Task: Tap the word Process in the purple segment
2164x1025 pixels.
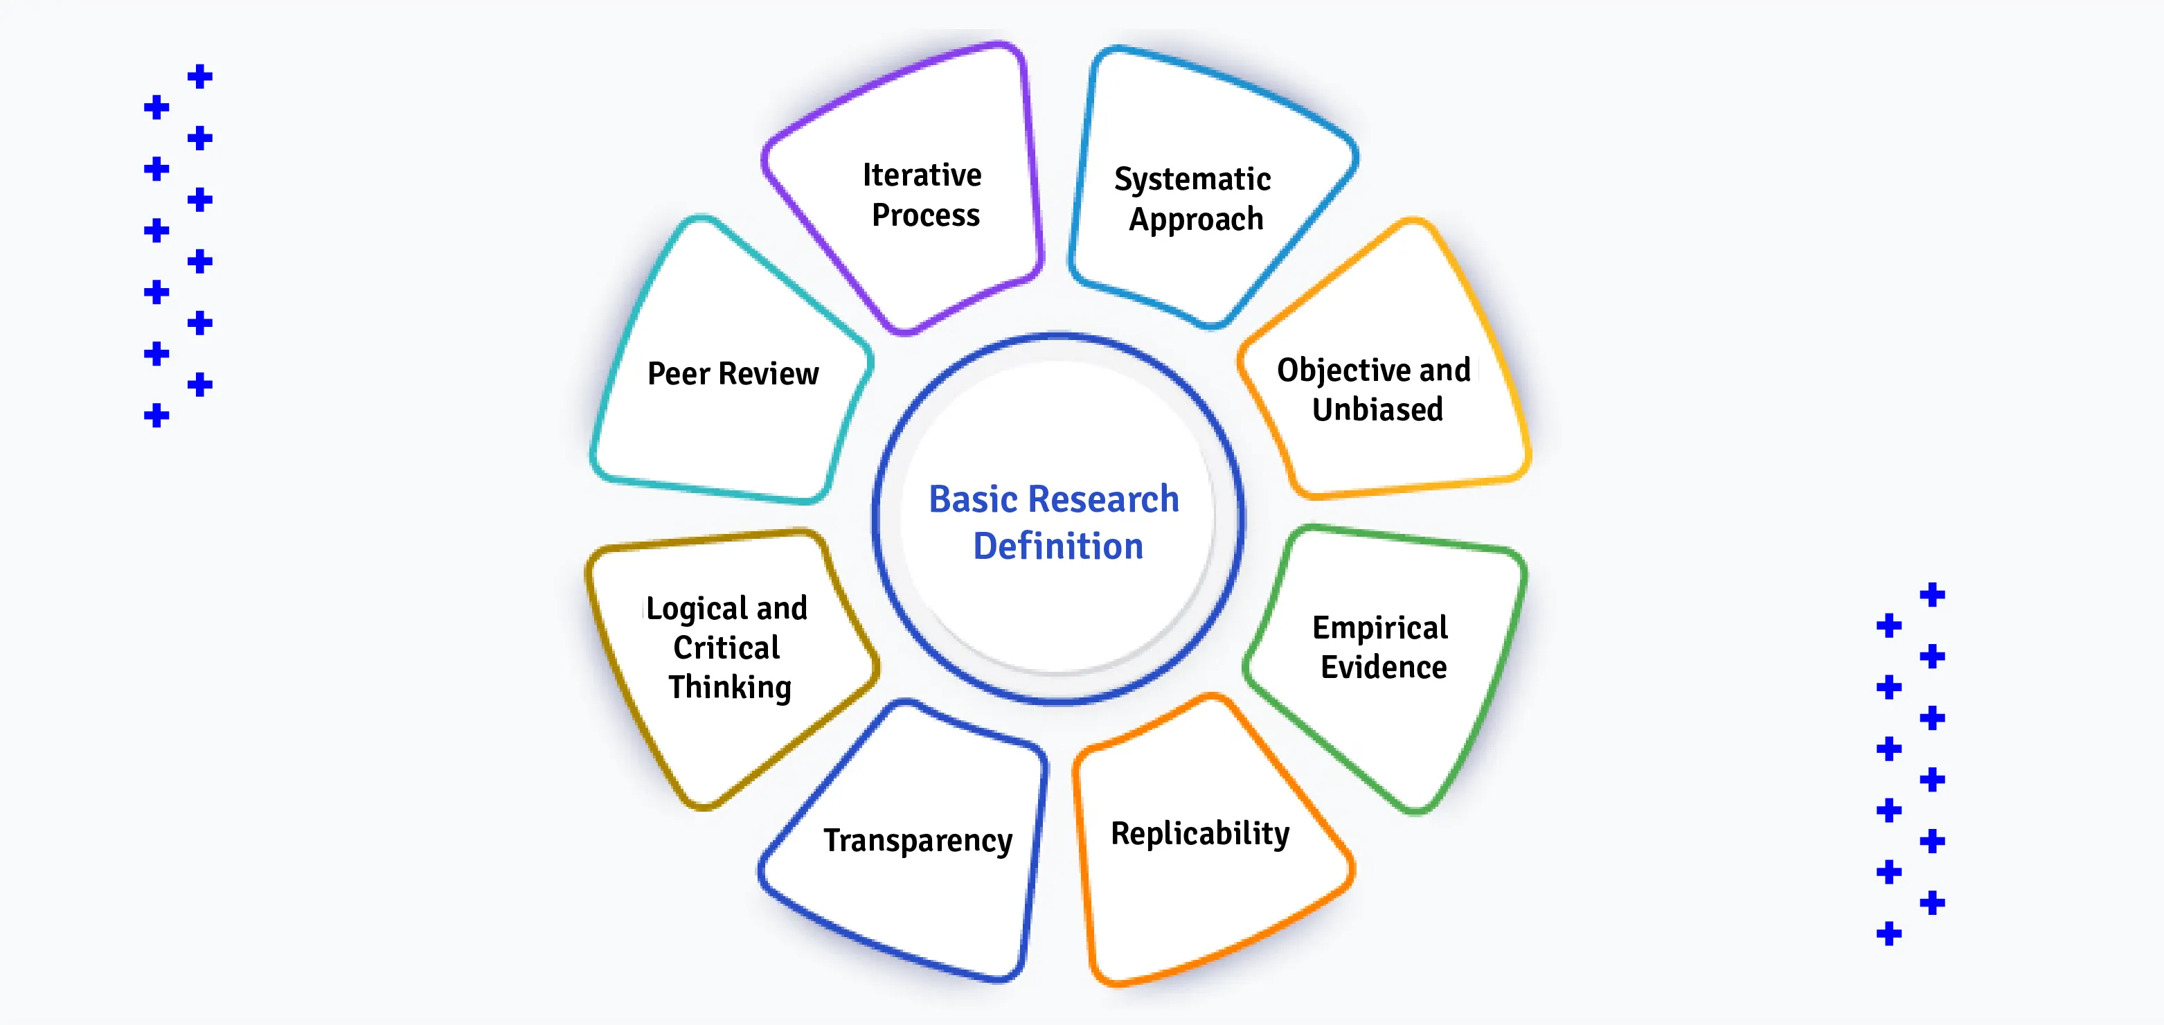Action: coord(926,215)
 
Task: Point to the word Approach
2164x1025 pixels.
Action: coord(1195,220)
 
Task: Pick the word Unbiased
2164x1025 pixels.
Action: coord(1378,409)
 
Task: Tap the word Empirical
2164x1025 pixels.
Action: coord(1380,627)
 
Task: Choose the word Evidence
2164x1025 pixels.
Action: coord(1384,667)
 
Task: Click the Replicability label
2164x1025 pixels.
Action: coord(1199,833)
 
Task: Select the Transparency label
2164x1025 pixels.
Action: coord(918,840)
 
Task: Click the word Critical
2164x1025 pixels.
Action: coord(726,648)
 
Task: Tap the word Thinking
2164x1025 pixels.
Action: coord(729,687)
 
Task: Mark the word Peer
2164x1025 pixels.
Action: coord(679,374)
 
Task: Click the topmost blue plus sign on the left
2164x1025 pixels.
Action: coord(199,76)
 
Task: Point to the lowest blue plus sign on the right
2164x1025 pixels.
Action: coord(1888,934)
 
